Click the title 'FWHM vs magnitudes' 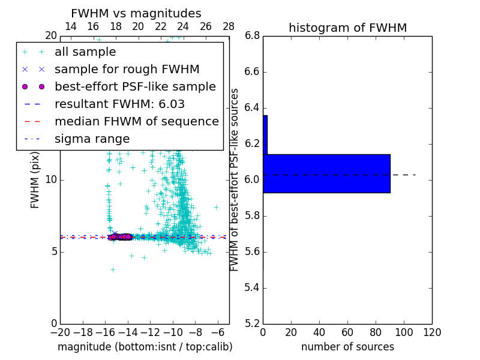136,13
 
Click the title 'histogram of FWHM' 347,28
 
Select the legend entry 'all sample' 85,52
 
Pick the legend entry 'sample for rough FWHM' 127,69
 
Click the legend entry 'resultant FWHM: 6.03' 119,104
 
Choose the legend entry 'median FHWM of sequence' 136,121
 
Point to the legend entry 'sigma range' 92,139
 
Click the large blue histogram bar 326,173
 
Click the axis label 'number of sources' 347,347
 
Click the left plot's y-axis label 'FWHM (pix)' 35,180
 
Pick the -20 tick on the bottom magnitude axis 60,332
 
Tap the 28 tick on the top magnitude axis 229,26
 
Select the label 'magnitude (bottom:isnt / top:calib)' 145,347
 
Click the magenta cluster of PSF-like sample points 120,237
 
